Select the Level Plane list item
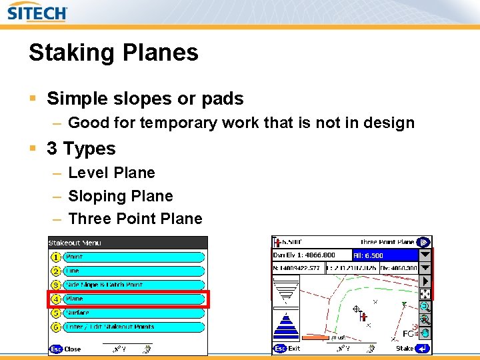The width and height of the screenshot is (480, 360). point(111,173)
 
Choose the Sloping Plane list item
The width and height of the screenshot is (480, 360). point(120,196)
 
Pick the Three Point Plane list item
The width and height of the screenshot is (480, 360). point(135,219)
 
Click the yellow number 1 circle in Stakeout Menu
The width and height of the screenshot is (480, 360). point(56,257)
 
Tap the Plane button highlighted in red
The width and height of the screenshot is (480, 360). point(133,299)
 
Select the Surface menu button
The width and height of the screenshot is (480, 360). point(133,313)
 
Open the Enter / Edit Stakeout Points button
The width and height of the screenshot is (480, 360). point(133,327)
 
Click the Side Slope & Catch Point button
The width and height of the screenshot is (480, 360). point(133,285)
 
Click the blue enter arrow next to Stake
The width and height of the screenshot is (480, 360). point(423,349)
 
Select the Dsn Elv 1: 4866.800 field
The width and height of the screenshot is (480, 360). point(311,255)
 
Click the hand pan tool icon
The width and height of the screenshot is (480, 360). point(425,333)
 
